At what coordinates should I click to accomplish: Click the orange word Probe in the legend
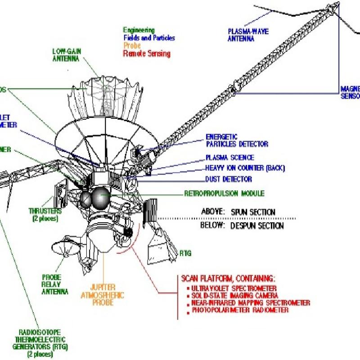(132, 46)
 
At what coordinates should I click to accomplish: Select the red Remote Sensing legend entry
(147, 54)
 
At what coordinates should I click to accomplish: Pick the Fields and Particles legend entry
(149, 38)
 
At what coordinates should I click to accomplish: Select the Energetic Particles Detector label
(237, 140)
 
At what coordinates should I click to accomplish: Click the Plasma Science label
(230, 157)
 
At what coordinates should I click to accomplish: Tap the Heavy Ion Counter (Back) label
(245, 168)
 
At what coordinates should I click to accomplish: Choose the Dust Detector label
(229, 179)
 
